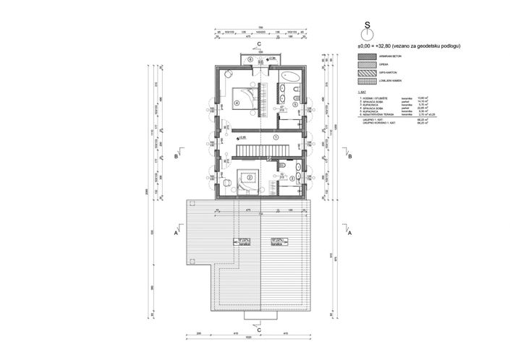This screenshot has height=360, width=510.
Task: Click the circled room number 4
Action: point(237,103)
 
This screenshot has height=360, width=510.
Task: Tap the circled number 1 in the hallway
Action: point(275,136)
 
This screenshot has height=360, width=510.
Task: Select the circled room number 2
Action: point(250,177)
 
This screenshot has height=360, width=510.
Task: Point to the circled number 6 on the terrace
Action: point(250,60)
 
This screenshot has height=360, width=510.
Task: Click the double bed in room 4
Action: point(242,93)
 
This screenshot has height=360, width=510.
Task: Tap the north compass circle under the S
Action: point(367,34)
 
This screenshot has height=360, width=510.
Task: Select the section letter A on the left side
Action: point(177,234)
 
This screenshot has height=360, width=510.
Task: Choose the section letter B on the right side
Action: point(349,156)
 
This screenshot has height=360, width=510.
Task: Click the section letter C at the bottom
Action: point(259,330)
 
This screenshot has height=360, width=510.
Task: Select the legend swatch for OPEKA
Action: point(367,64)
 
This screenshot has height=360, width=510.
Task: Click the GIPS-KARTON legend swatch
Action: point(367,74)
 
